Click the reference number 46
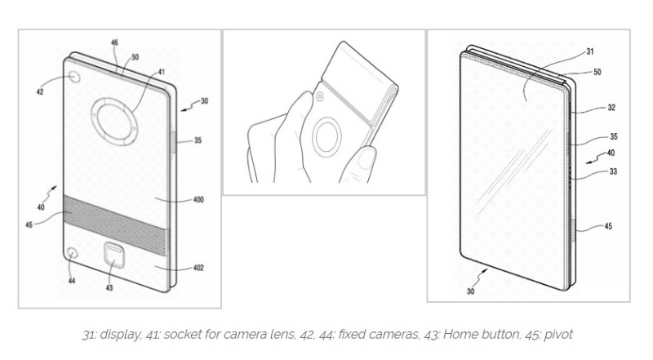click(114, 42)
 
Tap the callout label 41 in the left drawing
click(161, 72)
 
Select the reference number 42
click(40, 91)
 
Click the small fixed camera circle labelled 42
click(75, 78)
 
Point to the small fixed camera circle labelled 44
click(73, 253)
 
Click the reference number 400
click(198, 199)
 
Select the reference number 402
click(198, 268)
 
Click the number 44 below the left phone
click(72, 281)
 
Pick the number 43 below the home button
click(109, 287)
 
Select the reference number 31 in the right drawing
click(590, 51)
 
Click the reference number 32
click(611, 108)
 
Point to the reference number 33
click(613, 171)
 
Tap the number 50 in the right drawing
click(597, 72)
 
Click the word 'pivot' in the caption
click(558, 335)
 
